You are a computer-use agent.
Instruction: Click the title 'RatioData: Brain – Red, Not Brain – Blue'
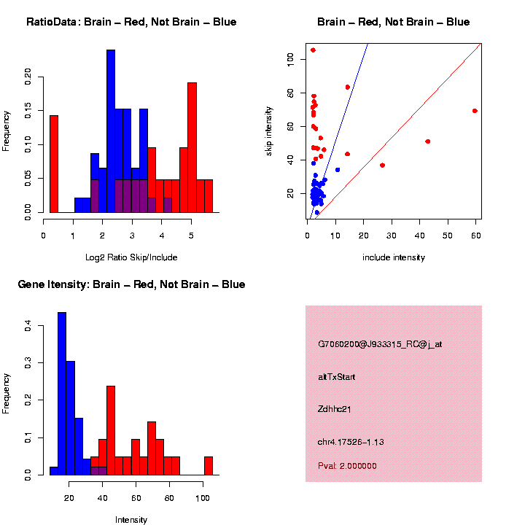[131, 22]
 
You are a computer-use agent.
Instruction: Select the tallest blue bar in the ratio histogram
[111, 131]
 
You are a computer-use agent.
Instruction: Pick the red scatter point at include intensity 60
[475, 111]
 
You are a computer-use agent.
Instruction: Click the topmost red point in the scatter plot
[313, 50]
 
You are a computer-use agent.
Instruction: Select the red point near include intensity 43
[428, 141]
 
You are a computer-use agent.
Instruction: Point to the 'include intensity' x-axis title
[394, 257]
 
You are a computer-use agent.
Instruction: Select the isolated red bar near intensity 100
[209, 466]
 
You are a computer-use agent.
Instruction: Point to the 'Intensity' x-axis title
[131, 520]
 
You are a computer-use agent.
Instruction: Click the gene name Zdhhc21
[335, 410]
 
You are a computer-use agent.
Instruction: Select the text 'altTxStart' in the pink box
[336, 377]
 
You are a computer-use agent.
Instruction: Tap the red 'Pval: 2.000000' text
[347, 466]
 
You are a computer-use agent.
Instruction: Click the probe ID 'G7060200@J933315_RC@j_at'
[379, 344]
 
